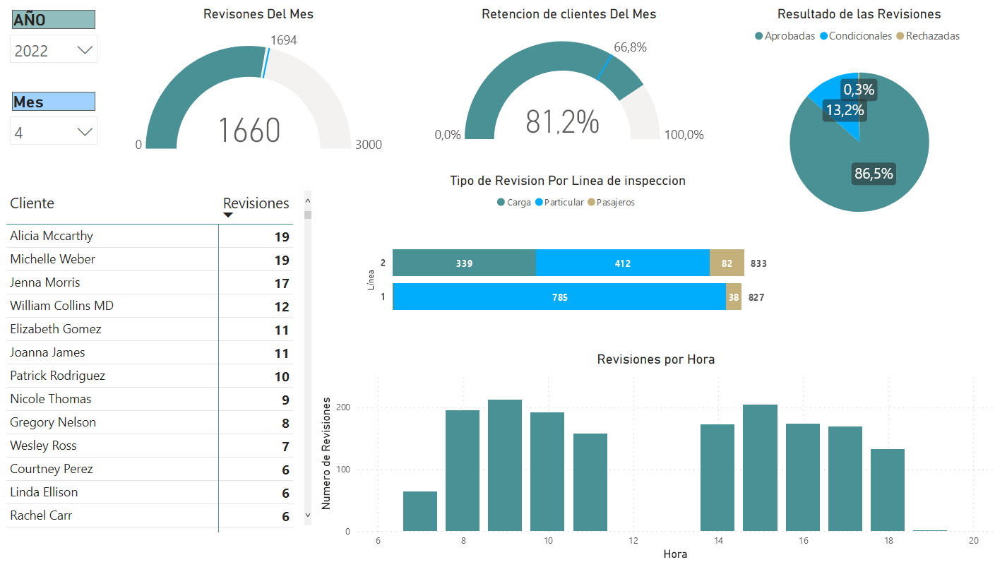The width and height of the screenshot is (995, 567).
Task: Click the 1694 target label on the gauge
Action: pyautogui.click(x=284, y=40)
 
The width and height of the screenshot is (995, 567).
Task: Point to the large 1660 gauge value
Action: pyautogui.click(x=249, y=131)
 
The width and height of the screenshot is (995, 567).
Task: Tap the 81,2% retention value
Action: pyautogui.click(x=562, y=122)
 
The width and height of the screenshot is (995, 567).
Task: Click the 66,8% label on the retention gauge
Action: pyautogui.click(x=630, y=47)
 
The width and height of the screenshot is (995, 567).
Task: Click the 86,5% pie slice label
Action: pyautogui.click(x=874, y=174)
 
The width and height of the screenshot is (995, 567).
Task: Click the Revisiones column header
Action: pyautogui.click(x=256, y=203)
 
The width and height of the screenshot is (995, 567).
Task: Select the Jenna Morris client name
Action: pyautogui.click(x=45, y=282)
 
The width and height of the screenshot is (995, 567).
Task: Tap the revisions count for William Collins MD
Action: pyautogui.click(x=282, y=306)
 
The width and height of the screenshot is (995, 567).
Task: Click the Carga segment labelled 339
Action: pyautogui.click(x=464, y=263)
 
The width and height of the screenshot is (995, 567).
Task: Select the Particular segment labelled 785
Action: pyautogui.click(x=559, y=297)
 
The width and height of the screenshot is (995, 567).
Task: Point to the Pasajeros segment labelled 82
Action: pyautogui.click(x=727, y=263)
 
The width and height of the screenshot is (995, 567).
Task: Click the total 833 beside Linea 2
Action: pyautogui.click(x=758, y=263)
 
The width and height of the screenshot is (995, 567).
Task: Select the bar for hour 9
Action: pyautogui.click(x=505, y=465)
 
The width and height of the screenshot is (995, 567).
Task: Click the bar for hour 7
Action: pyautogui.click(x=420, y=511)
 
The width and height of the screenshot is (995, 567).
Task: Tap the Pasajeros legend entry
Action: pyautogui.click(x=615, y=203)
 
